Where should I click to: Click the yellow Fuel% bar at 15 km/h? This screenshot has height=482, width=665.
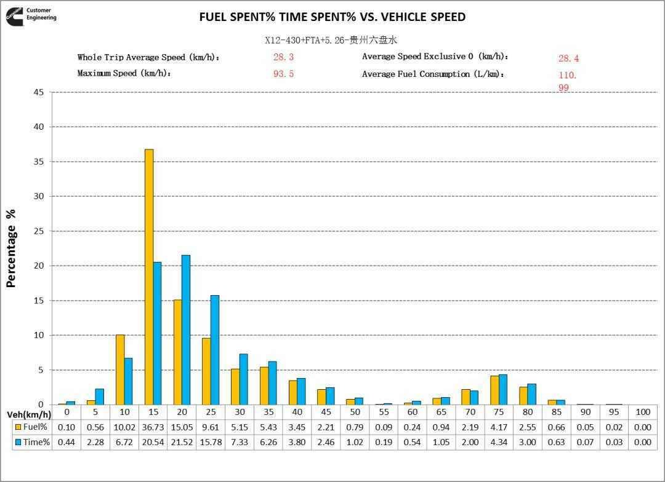[x=149, y=277]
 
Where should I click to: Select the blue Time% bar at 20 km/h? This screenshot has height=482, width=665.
[x=186, y=330]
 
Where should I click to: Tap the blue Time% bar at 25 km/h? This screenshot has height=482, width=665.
[x=215, y=350]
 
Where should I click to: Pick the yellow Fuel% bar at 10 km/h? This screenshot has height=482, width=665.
[x=120, y=369]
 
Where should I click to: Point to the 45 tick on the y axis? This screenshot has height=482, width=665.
[x=38, y=92]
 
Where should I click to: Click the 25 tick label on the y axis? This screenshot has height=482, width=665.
[x=38, y=231]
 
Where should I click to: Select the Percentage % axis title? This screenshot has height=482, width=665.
[x=11, y=248]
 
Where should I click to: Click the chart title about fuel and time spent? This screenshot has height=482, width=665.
[x=332, y=17]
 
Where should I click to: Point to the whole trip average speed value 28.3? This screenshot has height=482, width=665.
[x=283, y=57]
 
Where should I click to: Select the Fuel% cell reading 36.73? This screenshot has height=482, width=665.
[x=153, y=427]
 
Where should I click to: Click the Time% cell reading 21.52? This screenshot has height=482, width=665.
[x=182, y=442]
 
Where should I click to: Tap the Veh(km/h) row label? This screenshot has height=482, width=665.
[x=29, y=414]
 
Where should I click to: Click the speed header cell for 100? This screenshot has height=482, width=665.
[x=642, y=413]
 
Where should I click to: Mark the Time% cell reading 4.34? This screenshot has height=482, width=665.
[x=498, y=442]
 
